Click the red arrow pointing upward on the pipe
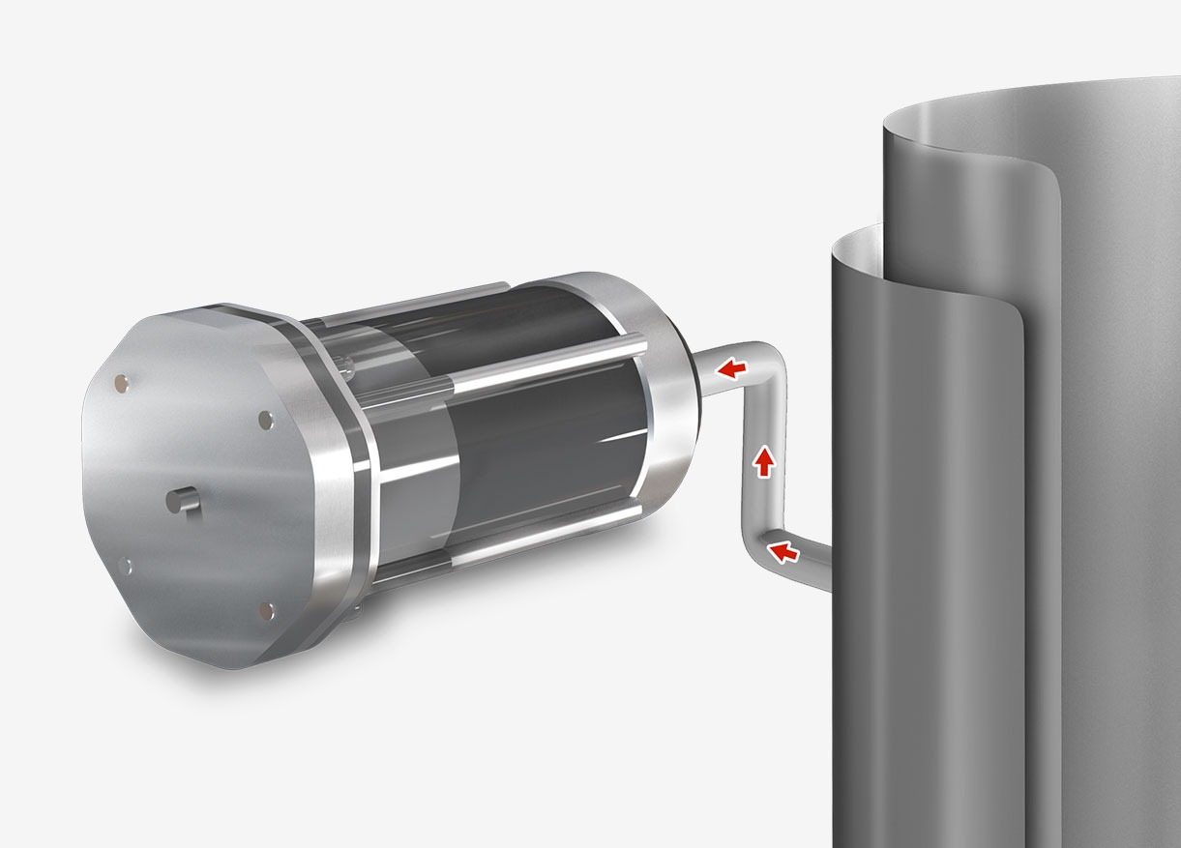click(764, 462)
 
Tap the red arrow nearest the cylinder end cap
click(731, 367)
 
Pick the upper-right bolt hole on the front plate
click(265, 420)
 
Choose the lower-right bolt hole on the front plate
click(268, 608)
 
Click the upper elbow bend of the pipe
click(772, 363)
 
